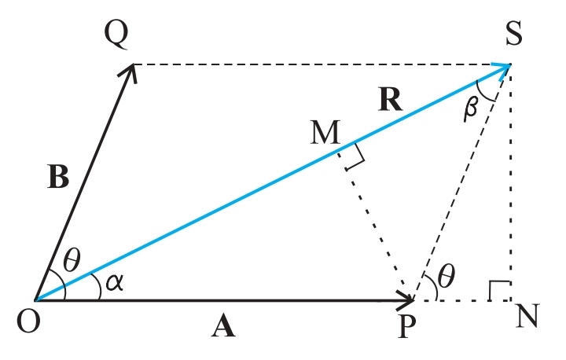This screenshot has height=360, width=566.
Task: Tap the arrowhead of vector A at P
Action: click(x=407, y=300)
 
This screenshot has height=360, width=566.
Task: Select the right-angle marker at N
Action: click(x=498, y=291)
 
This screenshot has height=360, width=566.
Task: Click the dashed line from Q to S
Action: click(x=314, y=64)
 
